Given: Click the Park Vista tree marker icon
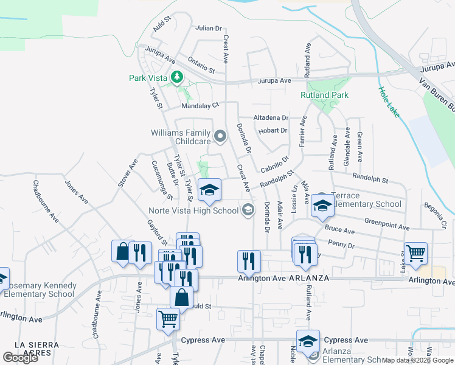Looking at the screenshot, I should coord(177,77).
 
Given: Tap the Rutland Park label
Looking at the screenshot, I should coord(324,95).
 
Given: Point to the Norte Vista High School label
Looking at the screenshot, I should coord(194,211).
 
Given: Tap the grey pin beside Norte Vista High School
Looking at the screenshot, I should coord(248,210).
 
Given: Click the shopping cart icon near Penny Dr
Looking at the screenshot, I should coord(415,252).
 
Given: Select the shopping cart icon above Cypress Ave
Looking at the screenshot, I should coord(168,318).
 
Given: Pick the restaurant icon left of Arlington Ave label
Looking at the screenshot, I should coord(249,261).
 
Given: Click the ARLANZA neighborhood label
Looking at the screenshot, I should coord(309,278).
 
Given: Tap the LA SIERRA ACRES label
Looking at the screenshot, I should coord(36,349).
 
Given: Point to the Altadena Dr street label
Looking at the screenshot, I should coord(271,117).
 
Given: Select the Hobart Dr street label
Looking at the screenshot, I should coord(271,130).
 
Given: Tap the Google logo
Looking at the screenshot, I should coord(20,358).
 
